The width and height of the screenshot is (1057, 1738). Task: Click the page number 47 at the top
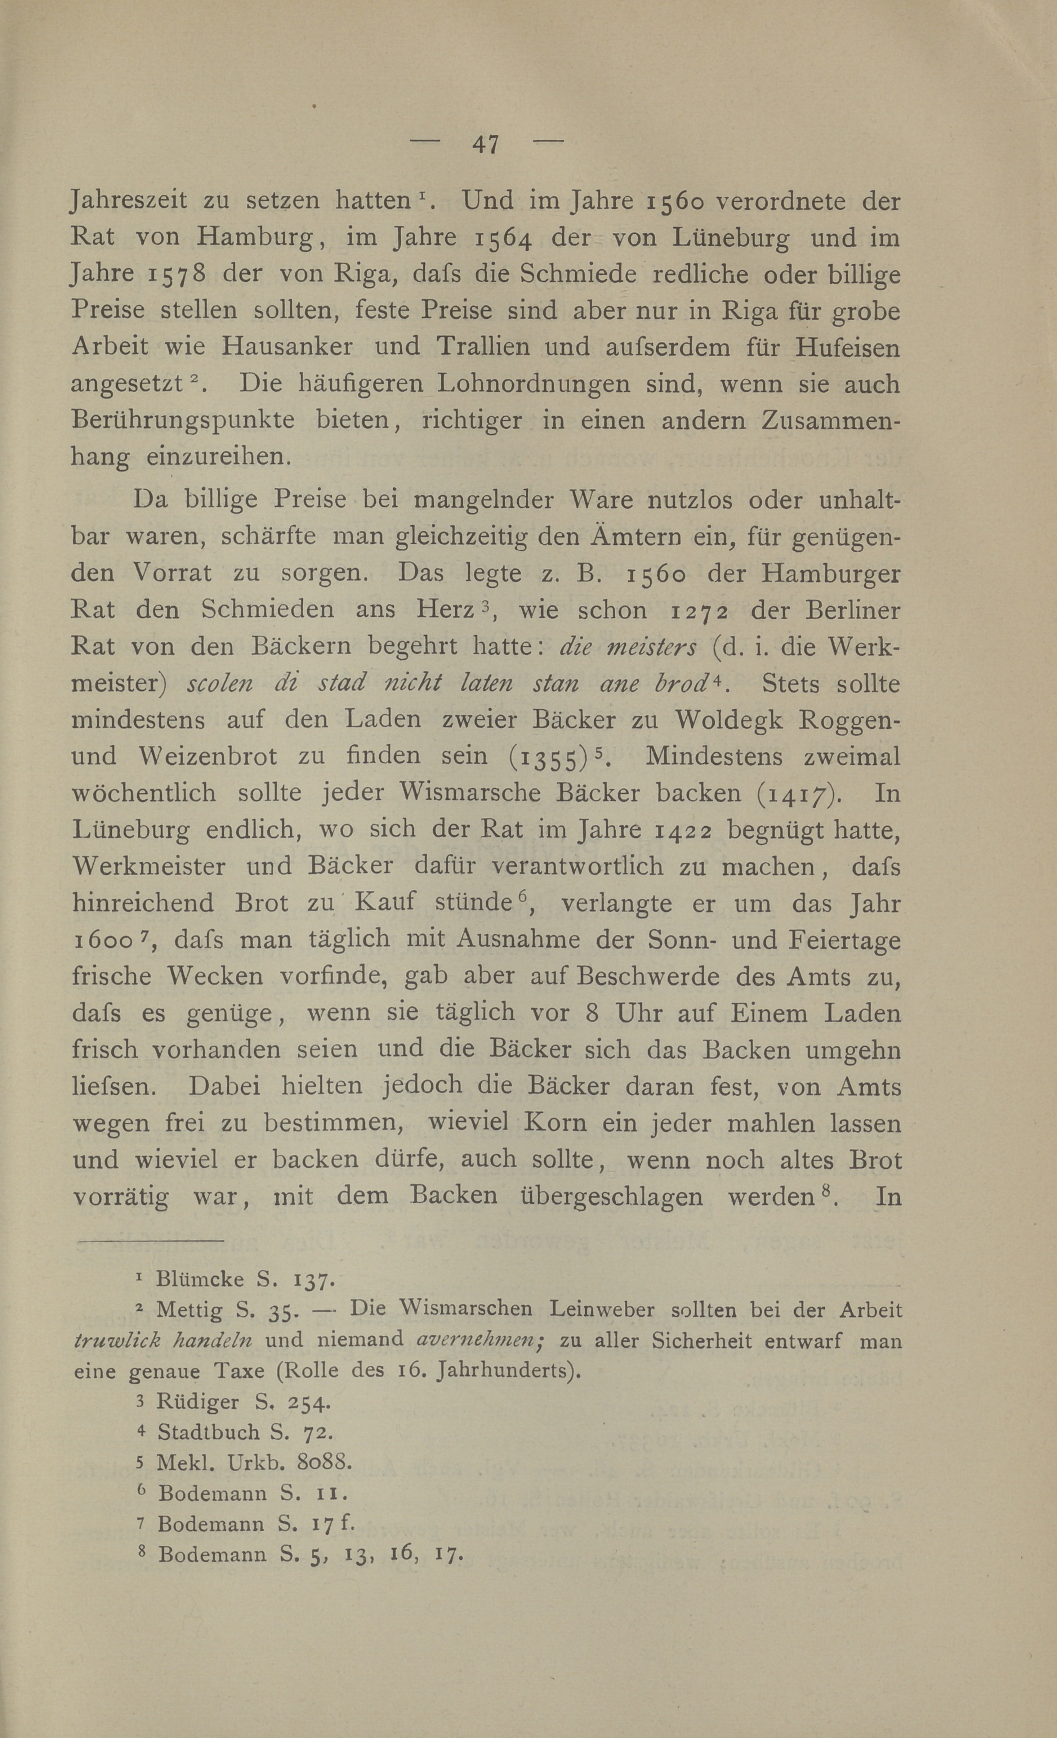tap(486, 145)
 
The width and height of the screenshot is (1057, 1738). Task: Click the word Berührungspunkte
tap(183, 421)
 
